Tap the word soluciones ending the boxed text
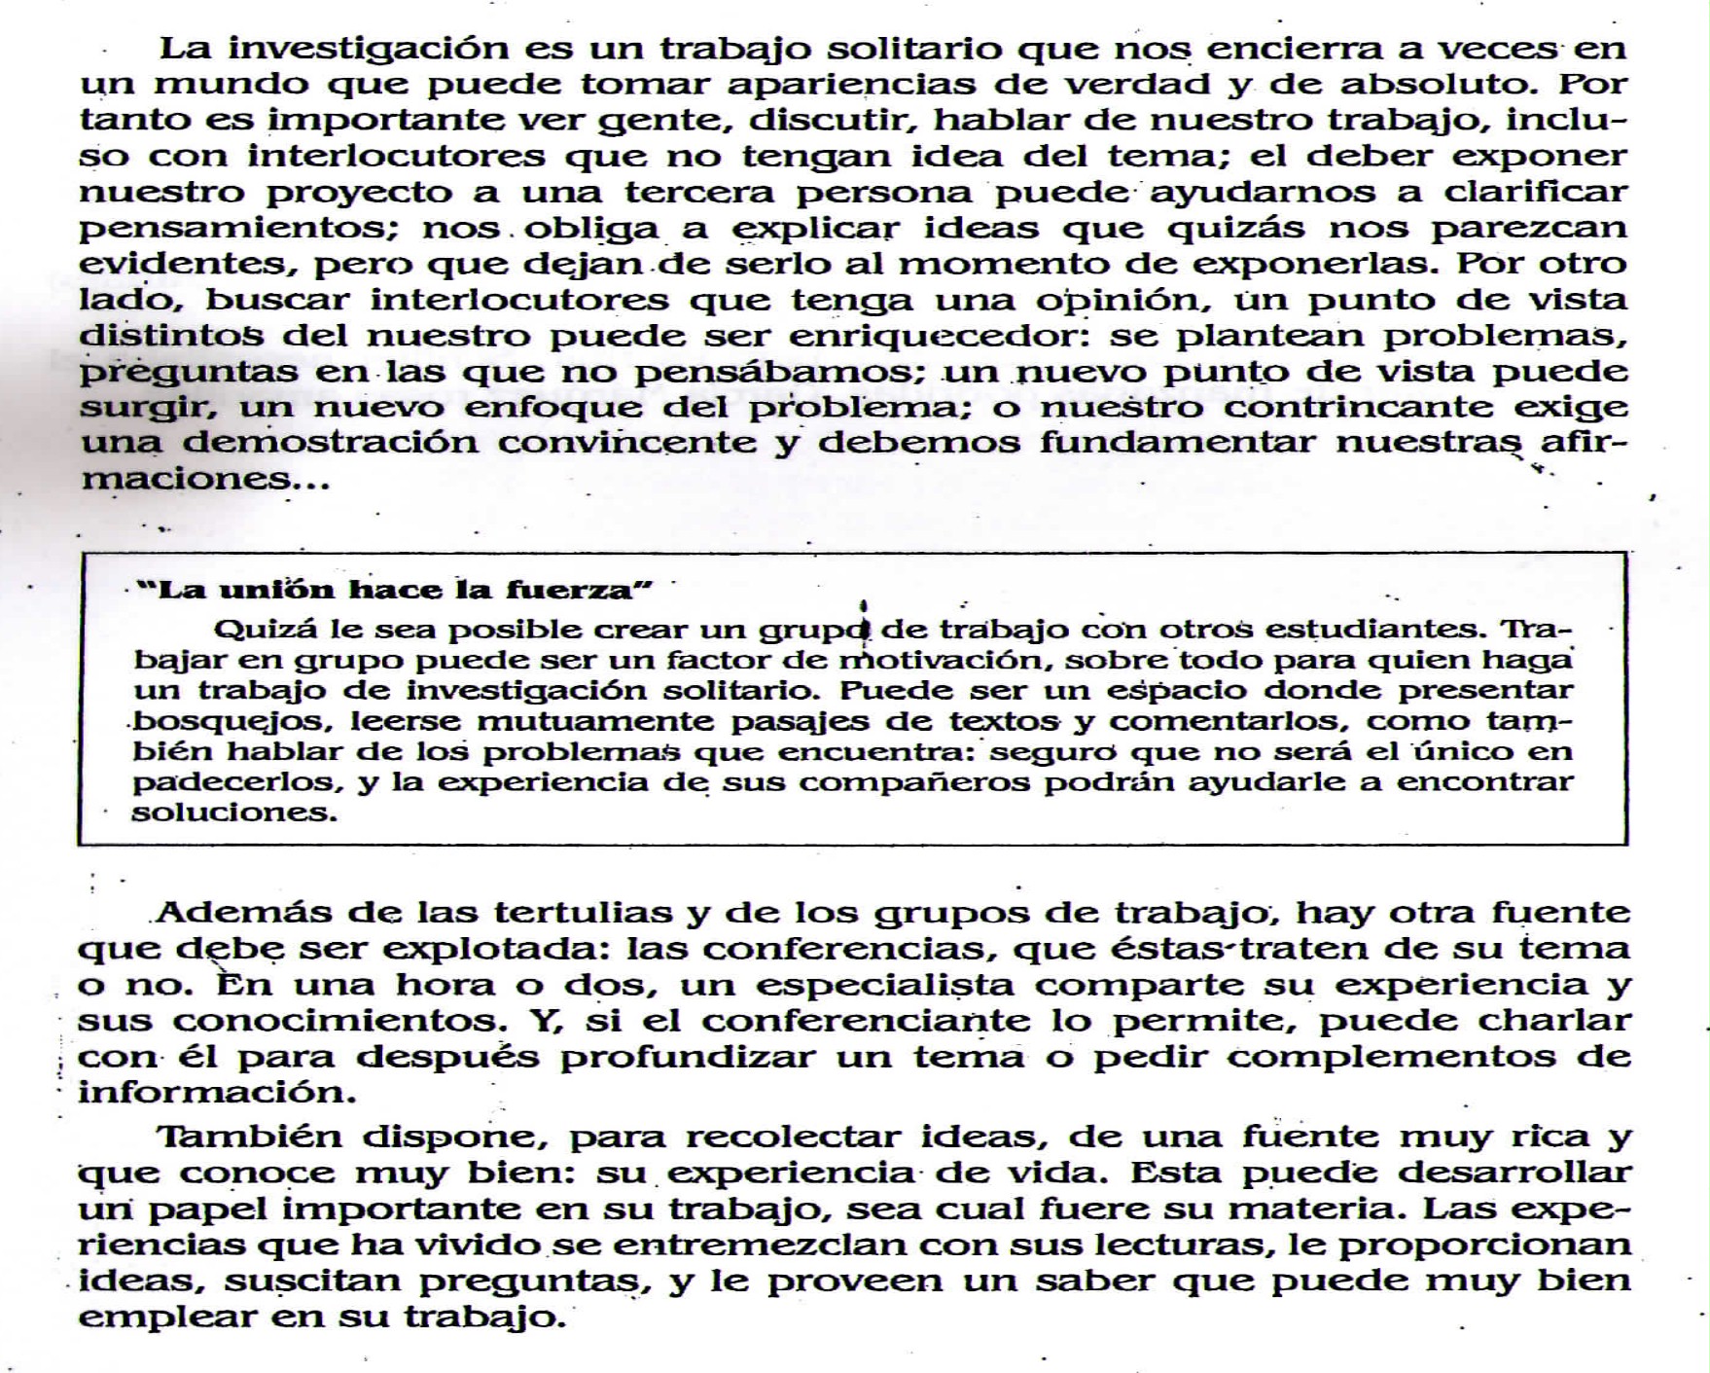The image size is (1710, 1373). tap(234, 813)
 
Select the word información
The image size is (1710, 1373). tap(211, 1093)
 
